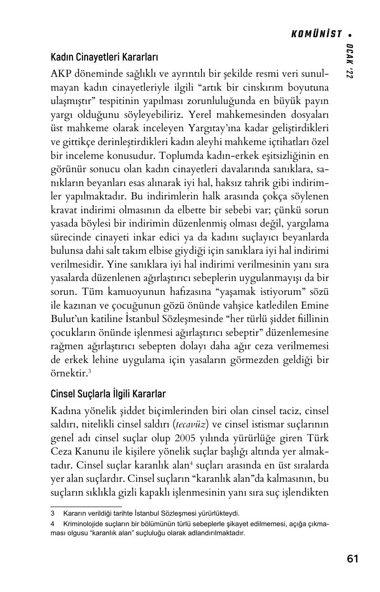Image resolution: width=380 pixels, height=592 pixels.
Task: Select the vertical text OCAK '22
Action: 350,61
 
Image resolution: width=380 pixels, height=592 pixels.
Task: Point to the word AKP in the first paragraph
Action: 60,75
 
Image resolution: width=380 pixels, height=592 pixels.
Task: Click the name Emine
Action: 314,304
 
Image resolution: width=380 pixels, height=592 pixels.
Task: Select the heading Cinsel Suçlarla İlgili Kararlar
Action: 108,394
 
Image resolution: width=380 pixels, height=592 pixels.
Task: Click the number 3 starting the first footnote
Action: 52,514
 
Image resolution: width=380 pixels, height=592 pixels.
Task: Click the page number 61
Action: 352,559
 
